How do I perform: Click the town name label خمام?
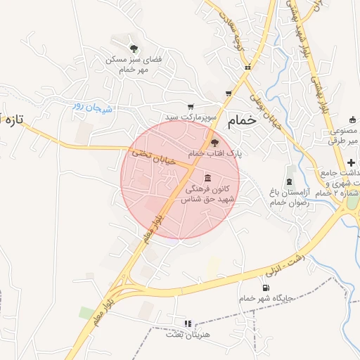[243, 121]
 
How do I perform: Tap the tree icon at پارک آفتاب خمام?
[214, 143]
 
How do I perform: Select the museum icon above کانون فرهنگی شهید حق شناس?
[207, 177]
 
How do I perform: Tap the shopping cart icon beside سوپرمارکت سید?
[191, 106]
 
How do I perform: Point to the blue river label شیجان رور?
[87, 106]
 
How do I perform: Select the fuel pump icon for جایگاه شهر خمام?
[265, 287]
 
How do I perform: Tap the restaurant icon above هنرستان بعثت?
[187, 323]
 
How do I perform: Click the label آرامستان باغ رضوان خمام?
[288, 197]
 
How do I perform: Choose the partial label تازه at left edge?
[12, 120]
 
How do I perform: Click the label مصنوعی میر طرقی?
[344, 136]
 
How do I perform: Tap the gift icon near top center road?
[247, 67]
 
